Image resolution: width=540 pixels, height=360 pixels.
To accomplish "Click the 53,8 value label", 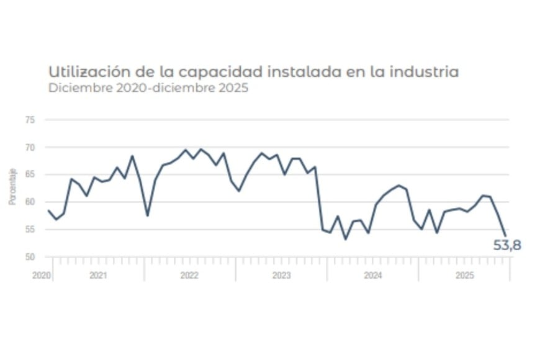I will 506,246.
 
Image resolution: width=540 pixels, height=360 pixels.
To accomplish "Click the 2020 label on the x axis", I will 40,274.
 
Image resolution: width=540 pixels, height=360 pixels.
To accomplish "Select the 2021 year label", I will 98,274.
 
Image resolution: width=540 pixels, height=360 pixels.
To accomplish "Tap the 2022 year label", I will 189,274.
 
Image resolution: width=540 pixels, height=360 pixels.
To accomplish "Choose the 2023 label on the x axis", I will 281,274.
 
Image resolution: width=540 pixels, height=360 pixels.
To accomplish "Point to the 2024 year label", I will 372,274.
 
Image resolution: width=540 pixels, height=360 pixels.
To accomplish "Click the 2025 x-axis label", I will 464,274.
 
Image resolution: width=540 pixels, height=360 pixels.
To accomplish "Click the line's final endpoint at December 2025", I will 505,235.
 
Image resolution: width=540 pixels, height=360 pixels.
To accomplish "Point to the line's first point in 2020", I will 48,210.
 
